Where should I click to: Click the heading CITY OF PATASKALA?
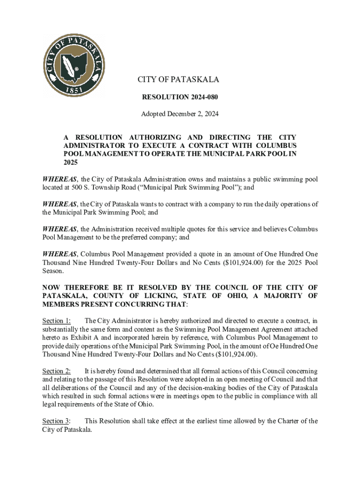[x=178, y=80]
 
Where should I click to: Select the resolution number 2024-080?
[x=203, y=97]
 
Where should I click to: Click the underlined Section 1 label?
[x=57, y=320]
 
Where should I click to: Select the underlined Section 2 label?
[x=57, y=371]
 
